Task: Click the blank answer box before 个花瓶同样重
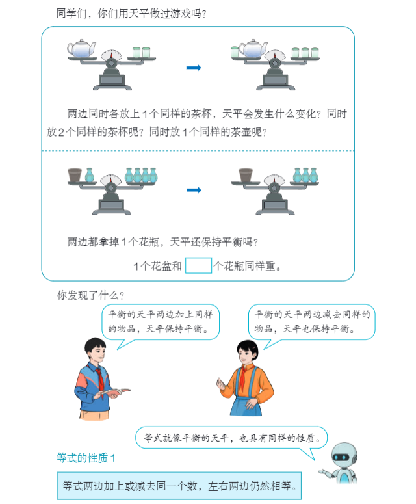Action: [199, 266]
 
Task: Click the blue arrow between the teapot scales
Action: [193, 67]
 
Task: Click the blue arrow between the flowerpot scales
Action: [193, 189]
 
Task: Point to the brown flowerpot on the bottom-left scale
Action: [75, 174]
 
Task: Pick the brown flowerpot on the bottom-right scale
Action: [246, 174]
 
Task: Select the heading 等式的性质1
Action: [86, 458]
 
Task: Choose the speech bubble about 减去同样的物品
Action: [311, 321]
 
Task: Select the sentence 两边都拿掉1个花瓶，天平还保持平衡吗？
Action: [162, 243]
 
